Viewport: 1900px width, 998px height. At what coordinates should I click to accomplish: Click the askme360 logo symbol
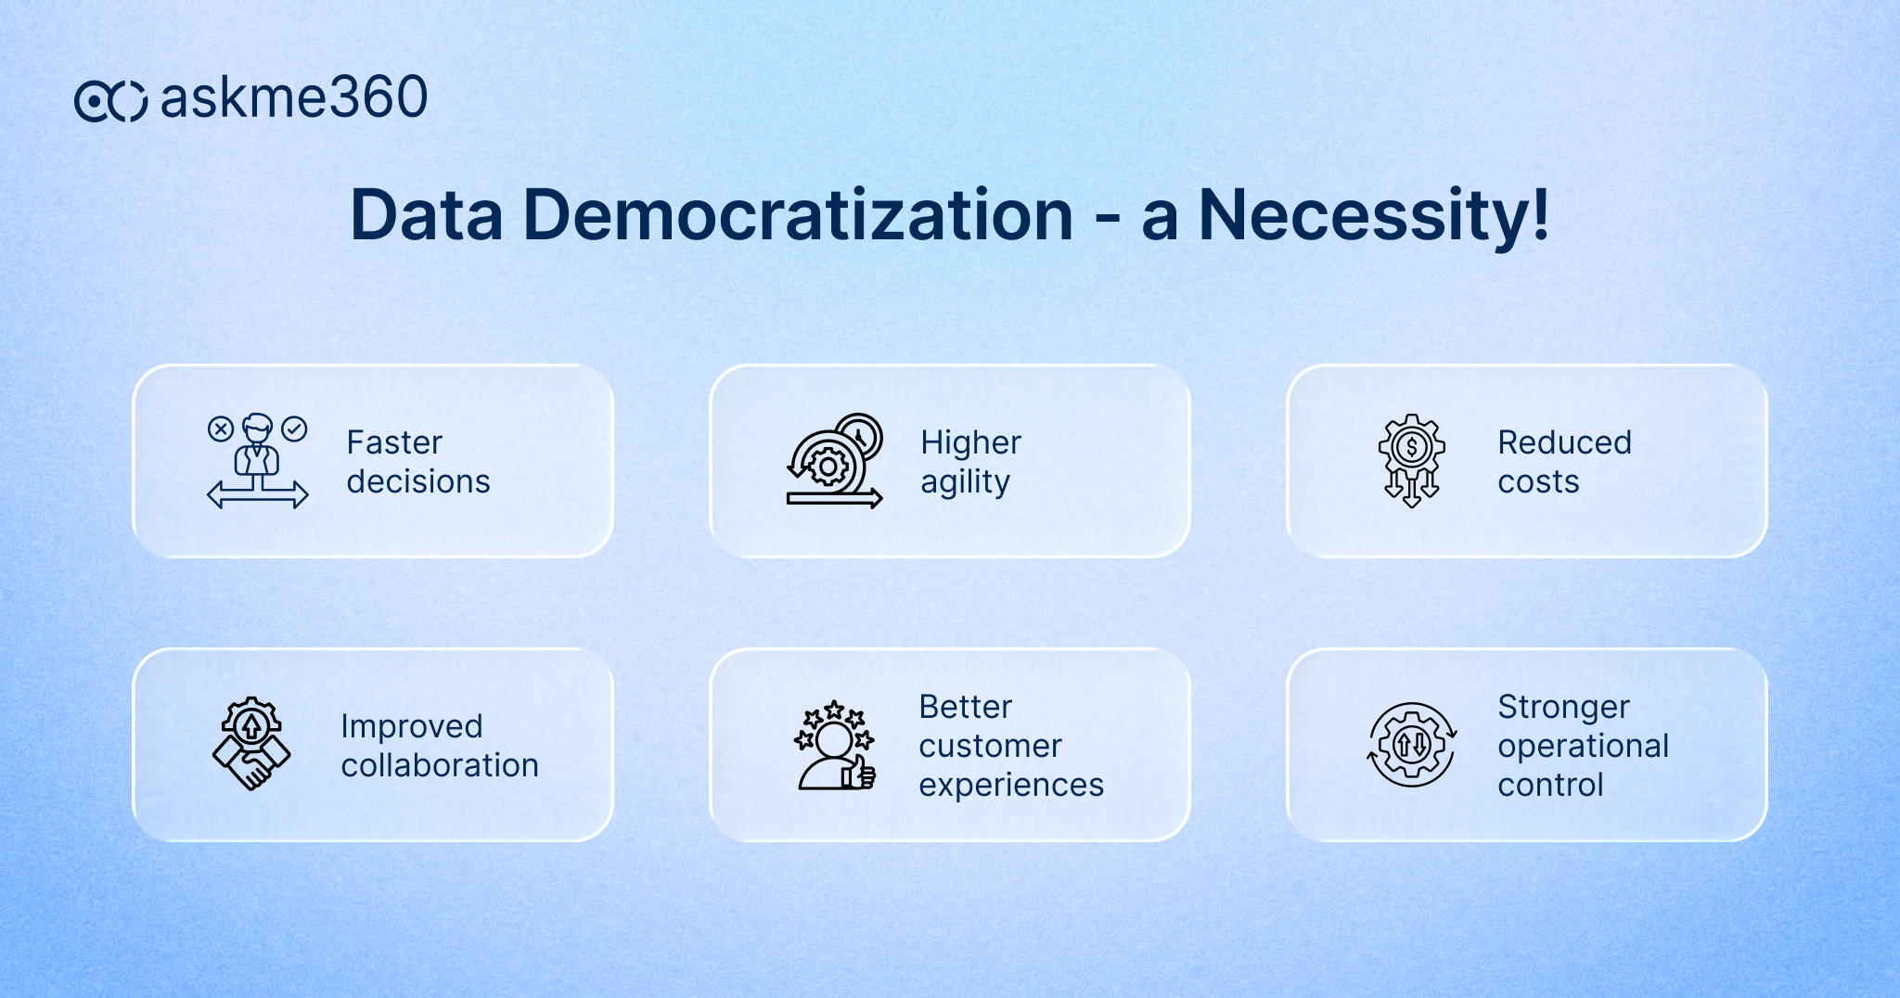(110, 100)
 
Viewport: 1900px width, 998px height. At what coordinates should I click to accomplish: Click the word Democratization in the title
(798, 216)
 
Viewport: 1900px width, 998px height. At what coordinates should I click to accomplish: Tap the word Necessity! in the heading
(1373, 216)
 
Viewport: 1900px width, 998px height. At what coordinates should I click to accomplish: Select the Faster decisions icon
(257, 461)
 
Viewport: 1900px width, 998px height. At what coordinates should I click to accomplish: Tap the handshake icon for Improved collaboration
(250, 744)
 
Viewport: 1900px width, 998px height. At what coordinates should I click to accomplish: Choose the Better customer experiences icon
(834, 745)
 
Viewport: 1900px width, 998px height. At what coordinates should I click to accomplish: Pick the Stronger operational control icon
(1411, 745)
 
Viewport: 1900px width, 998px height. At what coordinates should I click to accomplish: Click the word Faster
(394, 442)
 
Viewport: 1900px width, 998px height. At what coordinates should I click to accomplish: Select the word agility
(965, 482)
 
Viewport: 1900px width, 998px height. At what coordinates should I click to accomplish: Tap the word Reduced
(1564, 442)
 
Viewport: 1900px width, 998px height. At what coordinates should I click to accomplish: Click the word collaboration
(440, 765)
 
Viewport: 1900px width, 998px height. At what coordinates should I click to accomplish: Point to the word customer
(990, 746)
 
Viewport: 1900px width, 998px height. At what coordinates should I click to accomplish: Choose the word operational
(1583, 747)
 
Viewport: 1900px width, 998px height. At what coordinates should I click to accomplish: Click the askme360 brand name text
(293, 98)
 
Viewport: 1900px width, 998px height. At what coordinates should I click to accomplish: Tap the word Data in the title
(426, 216)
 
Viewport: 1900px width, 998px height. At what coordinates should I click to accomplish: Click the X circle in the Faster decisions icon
(220, 429)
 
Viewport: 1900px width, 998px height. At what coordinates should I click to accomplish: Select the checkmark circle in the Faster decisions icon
(294, 429)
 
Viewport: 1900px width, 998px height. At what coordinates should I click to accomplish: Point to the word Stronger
(1563, 707)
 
